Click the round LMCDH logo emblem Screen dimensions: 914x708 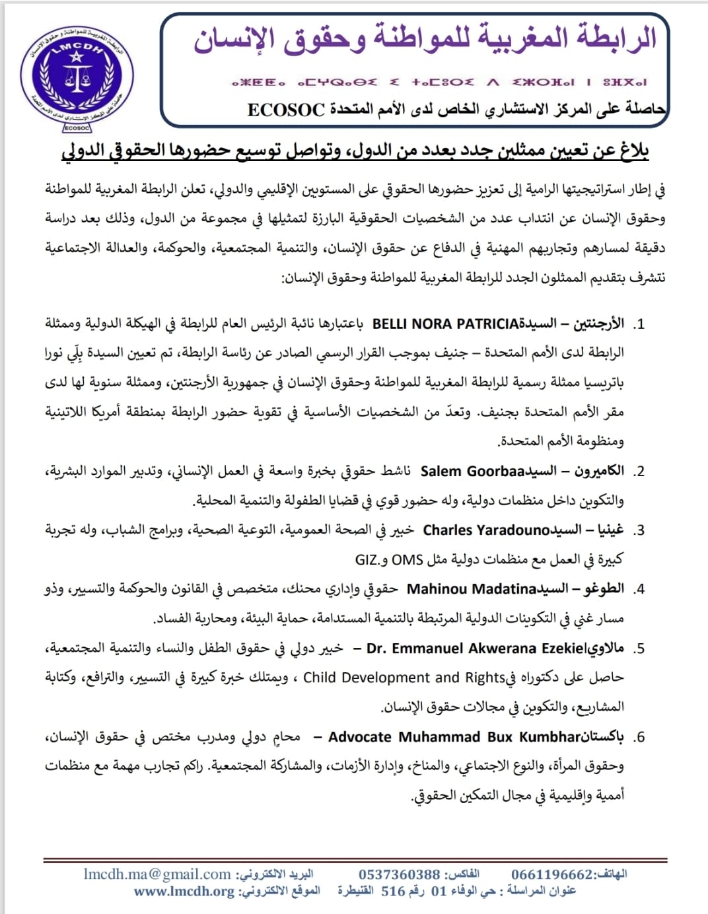[x=77, y=77]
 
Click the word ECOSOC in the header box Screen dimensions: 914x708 [x=286, y=110]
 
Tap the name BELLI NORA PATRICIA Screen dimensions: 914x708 [x=445, y=324]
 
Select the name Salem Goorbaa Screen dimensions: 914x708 [x=472, y=472]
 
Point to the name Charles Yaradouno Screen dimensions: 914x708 [x=486, y=530]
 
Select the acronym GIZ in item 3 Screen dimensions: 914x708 [x=367, y=560]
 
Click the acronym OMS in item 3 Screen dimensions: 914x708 [x=407, y=560]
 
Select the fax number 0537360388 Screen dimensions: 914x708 [x=399, y=874]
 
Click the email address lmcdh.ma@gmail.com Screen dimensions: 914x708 [x=157, y=874]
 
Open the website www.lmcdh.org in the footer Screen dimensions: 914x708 [x=184, y=892]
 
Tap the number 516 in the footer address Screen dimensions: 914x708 [x=393, y=892]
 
